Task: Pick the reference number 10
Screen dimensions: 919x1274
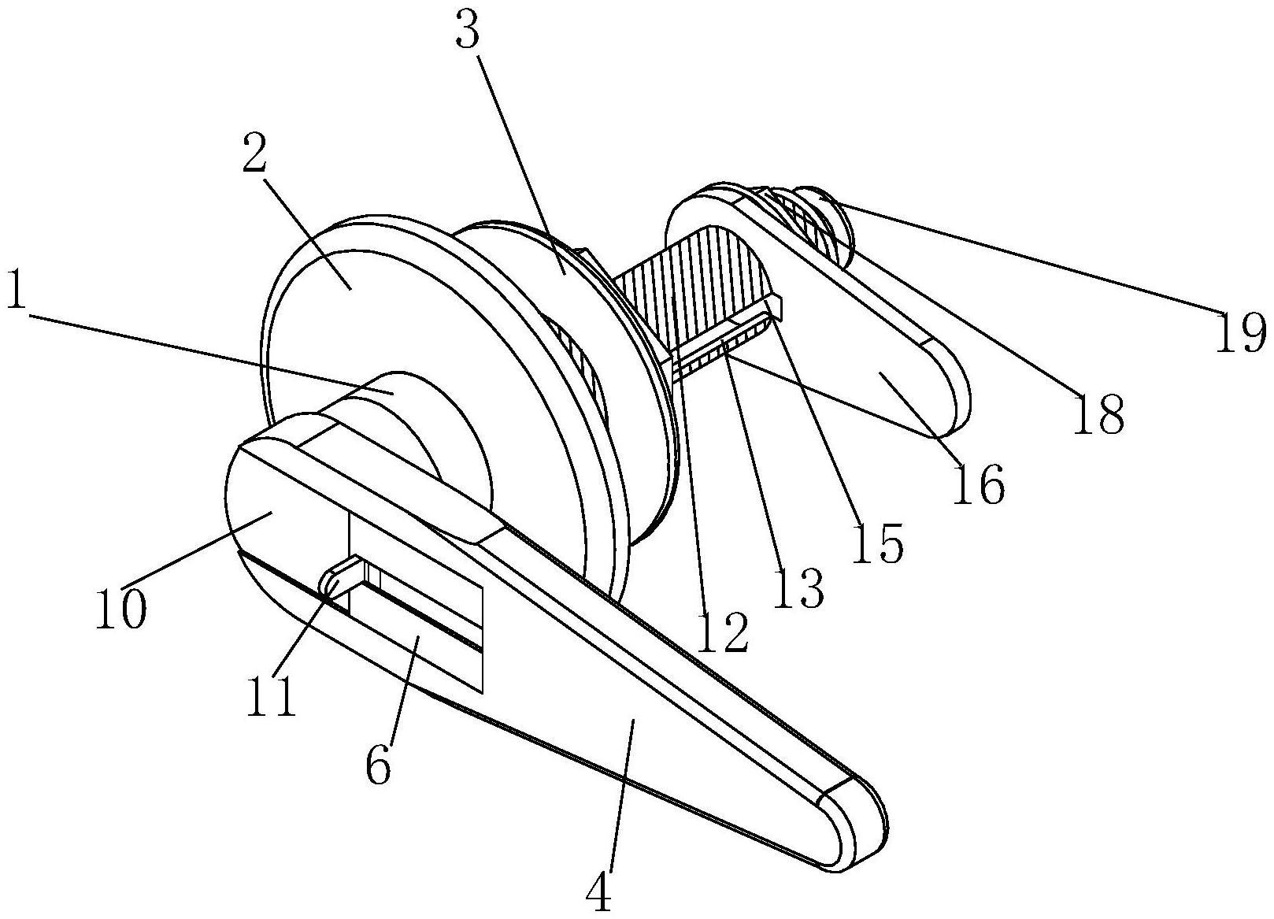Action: pos(120,609)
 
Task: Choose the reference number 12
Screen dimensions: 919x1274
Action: pos(722,632)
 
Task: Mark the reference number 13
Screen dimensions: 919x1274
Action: pos(798,587)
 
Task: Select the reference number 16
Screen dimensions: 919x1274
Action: pos(980,484)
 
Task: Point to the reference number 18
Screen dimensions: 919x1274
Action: pos(1099,413)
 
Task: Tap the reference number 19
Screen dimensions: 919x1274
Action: pos(1241,332)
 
